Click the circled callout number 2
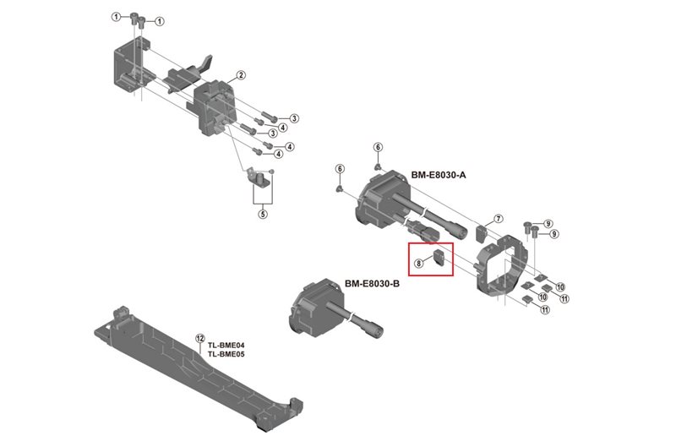point(241,75)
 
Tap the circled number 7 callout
point(499,219)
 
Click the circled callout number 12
point(200,337)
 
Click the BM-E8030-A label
point(439,175)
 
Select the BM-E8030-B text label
point(372,284)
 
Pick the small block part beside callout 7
point(482,231)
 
